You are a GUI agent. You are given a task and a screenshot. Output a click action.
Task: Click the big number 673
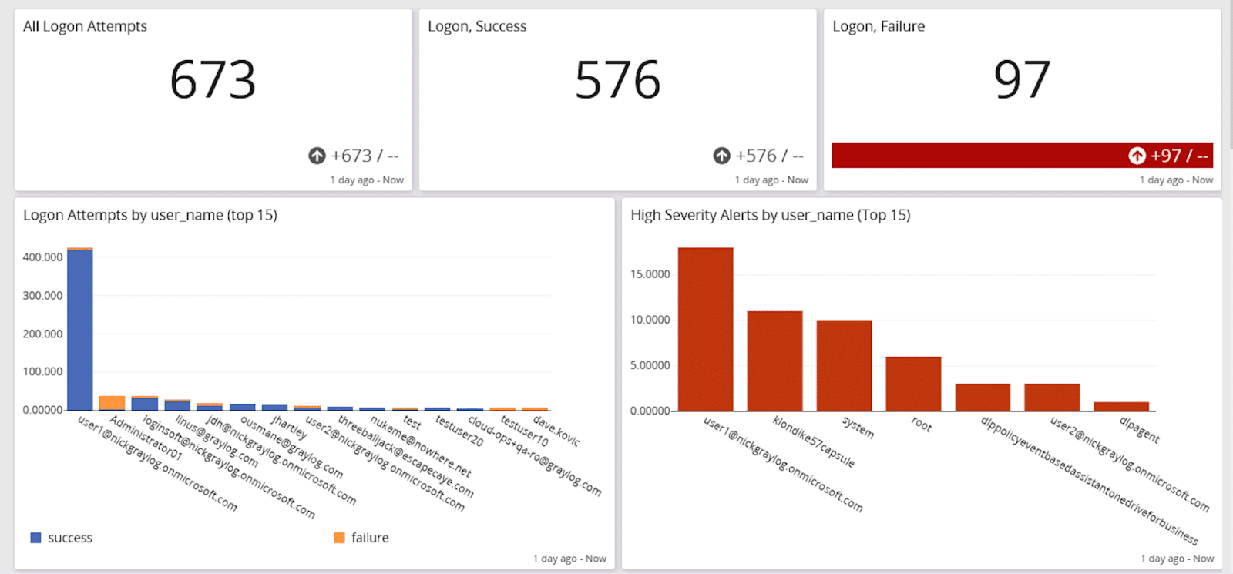(213, 80)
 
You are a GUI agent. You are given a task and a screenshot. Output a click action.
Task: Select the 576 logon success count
(617, 80)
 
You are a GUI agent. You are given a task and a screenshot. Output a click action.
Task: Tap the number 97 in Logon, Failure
(1022, 80)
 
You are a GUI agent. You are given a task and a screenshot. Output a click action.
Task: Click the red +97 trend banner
(1022, 155)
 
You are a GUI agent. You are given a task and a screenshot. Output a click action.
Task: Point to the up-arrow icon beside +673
(317, 156)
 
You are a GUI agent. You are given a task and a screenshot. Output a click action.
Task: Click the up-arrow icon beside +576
(721, 156)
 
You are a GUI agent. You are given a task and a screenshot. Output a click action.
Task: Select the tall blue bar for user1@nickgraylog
(80, 330)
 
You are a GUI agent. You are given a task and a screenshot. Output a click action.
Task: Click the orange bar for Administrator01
(112, 403)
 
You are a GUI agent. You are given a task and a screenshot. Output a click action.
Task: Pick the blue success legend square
(35, 538)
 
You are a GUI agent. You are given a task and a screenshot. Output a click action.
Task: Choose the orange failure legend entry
(361, 538)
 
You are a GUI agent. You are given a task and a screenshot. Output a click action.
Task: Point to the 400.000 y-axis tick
(42, 257)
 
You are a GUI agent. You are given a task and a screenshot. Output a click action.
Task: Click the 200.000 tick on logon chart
(42, 334)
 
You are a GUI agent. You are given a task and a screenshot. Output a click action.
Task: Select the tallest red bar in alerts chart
(705, 330)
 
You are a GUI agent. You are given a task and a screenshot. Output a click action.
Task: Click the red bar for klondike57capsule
(774, 361)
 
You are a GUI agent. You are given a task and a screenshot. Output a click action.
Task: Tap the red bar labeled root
(913, 384)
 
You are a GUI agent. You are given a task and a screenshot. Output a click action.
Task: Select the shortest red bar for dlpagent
(1121, 406)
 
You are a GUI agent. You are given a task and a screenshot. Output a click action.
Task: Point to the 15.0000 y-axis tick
(650, 274)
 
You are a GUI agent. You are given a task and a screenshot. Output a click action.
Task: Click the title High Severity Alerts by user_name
(770, 215)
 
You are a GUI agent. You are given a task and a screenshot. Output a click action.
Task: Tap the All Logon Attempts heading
(85, 26)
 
